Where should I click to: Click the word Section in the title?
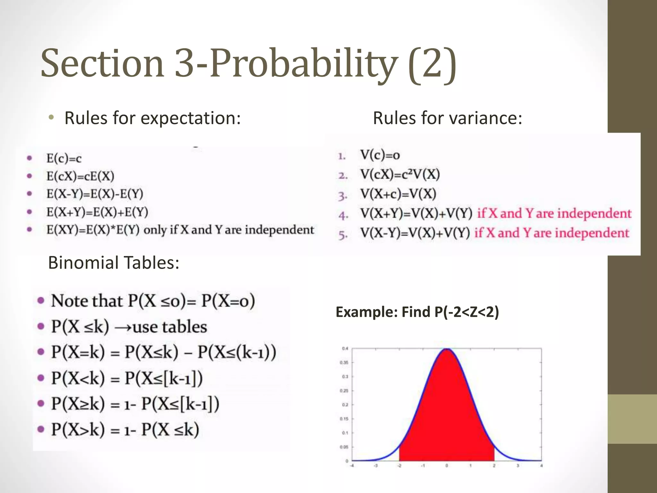pos(102,63)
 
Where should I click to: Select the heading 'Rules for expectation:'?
pos(152,118)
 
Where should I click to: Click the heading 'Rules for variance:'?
pos(448,118)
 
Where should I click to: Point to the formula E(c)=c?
pos(64,158)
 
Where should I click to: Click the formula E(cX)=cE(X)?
pos(80,176)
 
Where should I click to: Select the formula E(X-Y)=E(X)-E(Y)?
pos(95,194)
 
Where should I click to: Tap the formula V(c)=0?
pos(380,155)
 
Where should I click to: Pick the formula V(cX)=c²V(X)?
pos(400,175)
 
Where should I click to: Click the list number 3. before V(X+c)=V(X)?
pos(343,195)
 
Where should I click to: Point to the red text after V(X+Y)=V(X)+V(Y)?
pos(554,213)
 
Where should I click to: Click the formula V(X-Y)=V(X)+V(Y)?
pos(415,233)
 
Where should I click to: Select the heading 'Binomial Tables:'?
pos(114,263)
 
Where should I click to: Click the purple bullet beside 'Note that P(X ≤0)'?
pos(41,301)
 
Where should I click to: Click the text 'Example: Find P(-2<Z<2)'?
pos(417,312)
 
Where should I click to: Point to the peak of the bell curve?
pos(447,349)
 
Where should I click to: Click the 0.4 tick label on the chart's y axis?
pos(345,349)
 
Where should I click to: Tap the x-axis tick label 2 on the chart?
pos(494,466)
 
